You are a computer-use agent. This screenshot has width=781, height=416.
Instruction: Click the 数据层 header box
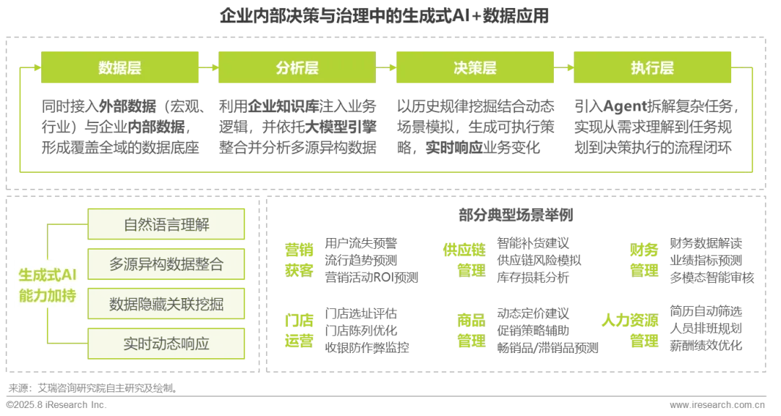pos(119,68)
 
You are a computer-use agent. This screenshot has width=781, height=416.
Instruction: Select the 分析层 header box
pos(296,68)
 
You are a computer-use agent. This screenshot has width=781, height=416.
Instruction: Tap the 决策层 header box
pos(474,68)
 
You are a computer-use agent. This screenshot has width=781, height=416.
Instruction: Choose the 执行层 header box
pos(652,68)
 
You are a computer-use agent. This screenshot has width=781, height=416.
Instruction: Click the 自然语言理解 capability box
pos(166,224)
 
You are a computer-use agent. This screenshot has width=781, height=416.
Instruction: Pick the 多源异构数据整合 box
pos(166,264)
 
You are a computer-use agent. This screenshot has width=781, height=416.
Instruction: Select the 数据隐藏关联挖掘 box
pos(166,304)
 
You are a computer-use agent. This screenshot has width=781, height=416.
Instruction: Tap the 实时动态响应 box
pos(166,344)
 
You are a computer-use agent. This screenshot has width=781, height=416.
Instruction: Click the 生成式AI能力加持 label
pos(47,285)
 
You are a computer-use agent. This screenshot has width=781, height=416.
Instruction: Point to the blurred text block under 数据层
pos(120,127)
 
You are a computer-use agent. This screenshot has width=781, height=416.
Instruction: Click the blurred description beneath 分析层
pos(297,127)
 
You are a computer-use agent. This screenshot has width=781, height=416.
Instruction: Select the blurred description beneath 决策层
pos(474,127)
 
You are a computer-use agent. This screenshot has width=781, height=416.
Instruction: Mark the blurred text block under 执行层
pos(653,127)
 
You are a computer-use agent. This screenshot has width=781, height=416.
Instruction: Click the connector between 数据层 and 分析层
pos(208,68)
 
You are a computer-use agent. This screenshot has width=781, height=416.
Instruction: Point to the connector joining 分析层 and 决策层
pos(385,68)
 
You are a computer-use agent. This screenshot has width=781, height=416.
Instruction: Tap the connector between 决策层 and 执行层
pos(563,68)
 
